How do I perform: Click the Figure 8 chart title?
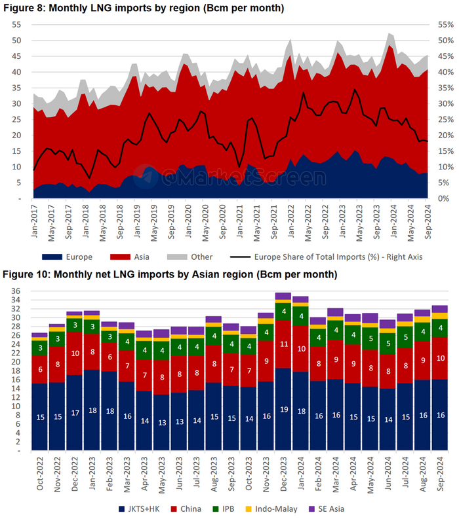point(144,8)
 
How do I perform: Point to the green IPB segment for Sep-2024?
point(439,328)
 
